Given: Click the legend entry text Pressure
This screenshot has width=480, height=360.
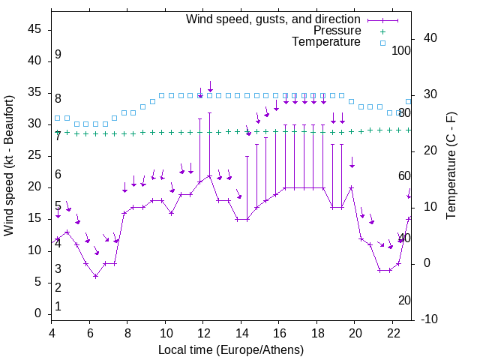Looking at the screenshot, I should (337, 31).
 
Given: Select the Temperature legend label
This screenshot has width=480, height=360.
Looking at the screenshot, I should (326, 43).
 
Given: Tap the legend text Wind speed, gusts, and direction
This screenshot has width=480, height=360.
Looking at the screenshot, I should (274, 19).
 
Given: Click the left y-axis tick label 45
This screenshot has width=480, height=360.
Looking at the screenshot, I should (34, 30).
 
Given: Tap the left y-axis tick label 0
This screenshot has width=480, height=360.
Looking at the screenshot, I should (37, 313).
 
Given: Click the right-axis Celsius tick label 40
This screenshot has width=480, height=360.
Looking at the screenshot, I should (419, 38).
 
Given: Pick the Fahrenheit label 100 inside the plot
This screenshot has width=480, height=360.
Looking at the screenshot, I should (402, 50).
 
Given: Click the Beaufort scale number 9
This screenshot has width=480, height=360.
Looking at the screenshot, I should (58, 55).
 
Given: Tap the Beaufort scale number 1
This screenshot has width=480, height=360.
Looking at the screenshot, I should (58, 306).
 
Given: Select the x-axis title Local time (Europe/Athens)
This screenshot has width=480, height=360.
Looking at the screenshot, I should (231, 349).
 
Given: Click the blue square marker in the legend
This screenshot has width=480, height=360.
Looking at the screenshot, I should (382, 43).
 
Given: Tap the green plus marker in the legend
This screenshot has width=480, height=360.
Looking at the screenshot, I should (382, 31).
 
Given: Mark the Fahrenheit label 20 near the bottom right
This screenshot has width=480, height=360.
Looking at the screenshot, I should (404, 300).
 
